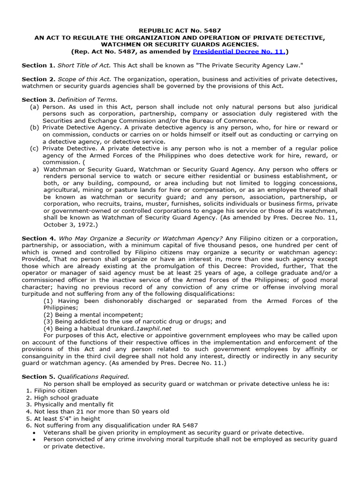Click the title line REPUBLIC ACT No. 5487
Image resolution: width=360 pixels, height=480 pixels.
point(180,30)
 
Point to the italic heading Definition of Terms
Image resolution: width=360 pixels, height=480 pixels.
point(87,100)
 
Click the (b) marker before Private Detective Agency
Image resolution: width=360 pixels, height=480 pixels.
point(34,127)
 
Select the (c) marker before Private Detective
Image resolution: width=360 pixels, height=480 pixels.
point(34,148)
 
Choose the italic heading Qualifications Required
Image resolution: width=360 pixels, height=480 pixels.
point(93,376)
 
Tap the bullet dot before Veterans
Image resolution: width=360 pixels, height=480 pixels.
point(36,433)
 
